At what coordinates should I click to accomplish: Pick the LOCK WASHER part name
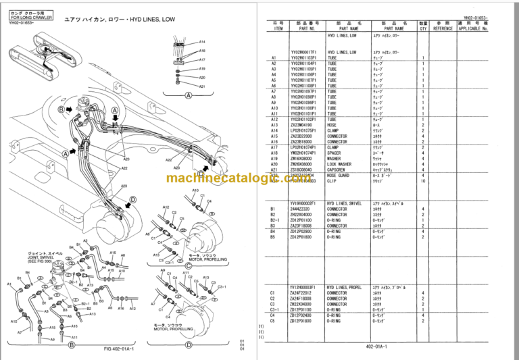pyautogui.click(x=341, y=163)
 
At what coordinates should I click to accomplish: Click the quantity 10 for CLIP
pyautogui.click(x=423, y=181)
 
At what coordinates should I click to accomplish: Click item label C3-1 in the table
pyautogui.click(x=273, y=309)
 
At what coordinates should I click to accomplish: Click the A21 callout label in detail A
pyautogui.click(x=202, y=86)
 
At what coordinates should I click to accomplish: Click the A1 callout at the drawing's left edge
pyautogui.click(x=9, y=284)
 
